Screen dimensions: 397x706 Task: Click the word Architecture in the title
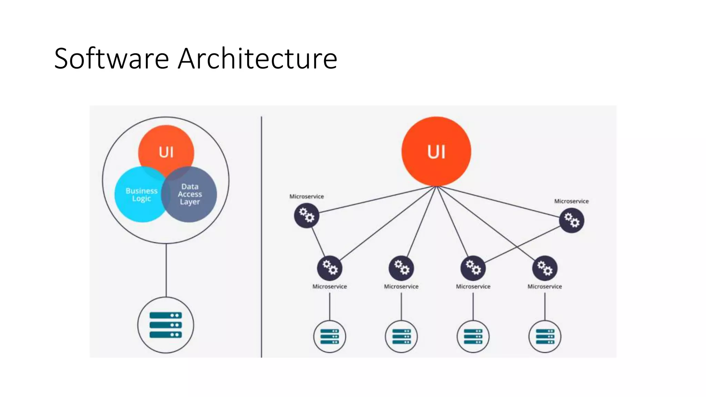(257, 59)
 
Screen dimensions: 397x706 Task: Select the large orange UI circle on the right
(436, 152)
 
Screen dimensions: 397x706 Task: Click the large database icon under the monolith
(166, 325)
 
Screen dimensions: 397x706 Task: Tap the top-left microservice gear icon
(306, 215)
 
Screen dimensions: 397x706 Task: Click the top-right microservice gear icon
(572, 221)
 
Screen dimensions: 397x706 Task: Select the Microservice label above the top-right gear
(571, 201)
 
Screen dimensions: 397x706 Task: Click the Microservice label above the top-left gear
(306, 196)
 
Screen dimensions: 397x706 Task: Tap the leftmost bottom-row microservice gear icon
(330, 268)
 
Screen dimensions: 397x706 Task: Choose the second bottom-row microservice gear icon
(401, 268)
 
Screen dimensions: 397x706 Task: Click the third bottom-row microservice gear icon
(473, 268)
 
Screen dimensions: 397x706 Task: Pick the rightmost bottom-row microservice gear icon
(545, 268)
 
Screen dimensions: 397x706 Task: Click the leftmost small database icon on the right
(330, 336)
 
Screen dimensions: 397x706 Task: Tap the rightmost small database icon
(545, 336)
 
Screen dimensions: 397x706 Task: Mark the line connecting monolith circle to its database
(166, 271)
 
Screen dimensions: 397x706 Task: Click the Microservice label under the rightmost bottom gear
(545, 286)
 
